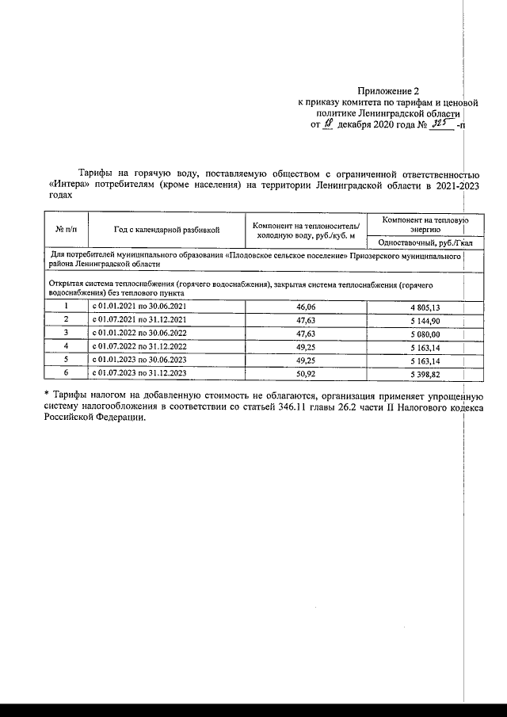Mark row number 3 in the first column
pyautogui.click(x=67, y=332)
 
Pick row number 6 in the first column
pyautogui.click(x=67, y=371)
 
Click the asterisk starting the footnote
pyautogui.click(x=47, y=395)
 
